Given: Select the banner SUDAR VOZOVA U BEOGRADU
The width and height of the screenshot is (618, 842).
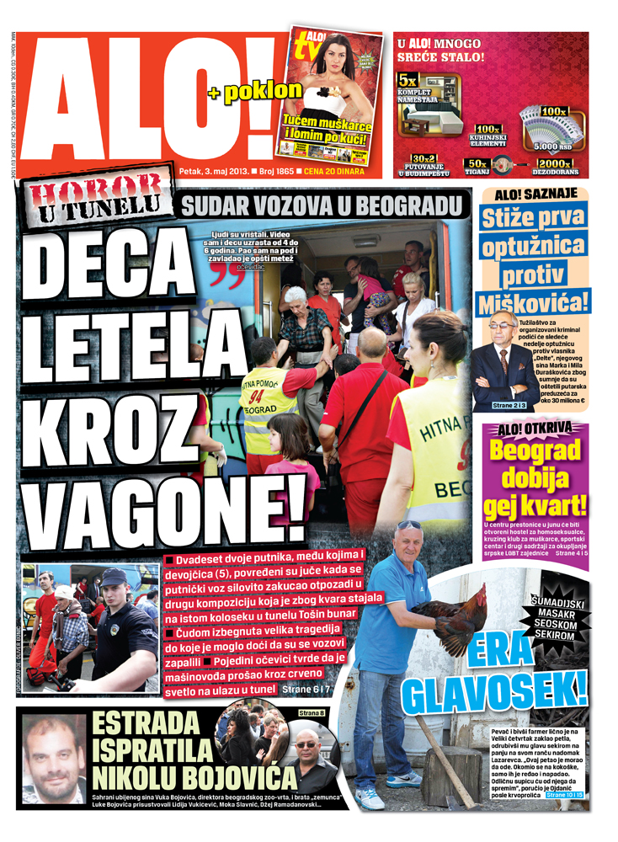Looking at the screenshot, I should coord(324,205).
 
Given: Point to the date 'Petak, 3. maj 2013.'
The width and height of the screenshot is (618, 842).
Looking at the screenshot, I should coord(213,171).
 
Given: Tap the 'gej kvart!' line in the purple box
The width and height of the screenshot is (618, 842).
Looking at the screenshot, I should coord(535,504).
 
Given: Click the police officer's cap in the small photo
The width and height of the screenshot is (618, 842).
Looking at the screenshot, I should coord(112,577).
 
